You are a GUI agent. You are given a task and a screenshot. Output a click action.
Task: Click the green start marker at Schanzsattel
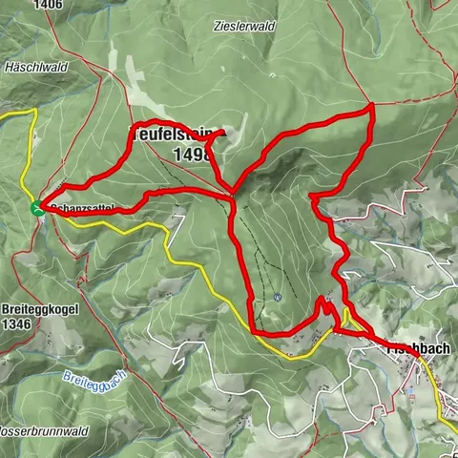(37, 207)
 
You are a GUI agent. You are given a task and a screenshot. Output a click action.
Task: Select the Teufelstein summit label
(172, 135)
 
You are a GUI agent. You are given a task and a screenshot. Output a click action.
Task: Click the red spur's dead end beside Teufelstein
(224, 133)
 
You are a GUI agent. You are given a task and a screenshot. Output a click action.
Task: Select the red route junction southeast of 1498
(232, 197)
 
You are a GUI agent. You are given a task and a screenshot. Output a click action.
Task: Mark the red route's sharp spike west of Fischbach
(327, 302)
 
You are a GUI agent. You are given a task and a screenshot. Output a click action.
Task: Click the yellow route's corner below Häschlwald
(35, 111)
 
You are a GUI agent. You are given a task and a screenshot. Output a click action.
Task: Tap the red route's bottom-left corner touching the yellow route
(253, 330)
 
